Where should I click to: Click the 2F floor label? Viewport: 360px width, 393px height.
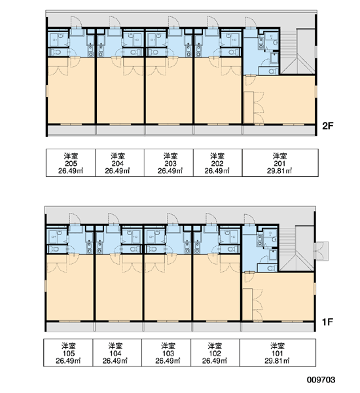[x=328, y=126]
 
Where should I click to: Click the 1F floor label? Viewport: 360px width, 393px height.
[x=327, y=322]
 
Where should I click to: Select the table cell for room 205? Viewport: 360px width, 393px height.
[x=71, y=163]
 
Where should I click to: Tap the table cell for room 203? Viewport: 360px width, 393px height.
[x=169, y=163]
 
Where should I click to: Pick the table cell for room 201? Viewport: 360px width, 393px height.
[x=280, y=163]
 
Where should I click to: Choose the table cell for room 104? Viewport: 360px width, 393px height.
[x=117, y=352]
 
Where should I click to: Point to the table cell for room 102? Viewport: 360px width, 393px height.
[x=215, y=352]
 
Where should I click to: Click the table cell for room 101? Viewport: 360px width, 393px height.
[x=278, y=352]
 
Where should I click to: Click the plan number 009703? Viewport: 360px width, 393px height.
[x=321, y=380]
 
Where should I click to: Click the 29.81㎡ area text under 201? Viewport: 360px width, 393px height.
[x=279, y=171]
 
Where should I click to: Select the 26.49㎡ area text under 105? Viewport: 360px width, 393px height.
[x=68, y=361]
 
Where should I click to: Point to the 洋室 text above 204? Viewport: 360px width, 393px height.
[x=118, y=156]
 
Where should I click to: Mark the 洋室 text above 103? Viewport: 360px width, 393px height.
[x=168, y=346]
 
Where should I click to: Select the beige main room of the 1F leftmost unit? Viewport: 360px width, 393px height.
[x=70, y=288]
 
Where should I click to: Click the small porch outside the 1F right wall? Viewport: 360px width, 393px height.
[x=321, y=251]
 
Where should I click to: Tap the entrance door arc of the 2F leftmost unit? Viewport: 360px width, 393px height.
[x=76, y=22]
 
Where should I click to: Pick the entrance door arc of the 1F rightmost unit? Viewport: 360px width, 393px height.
[x=249, y=219]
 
